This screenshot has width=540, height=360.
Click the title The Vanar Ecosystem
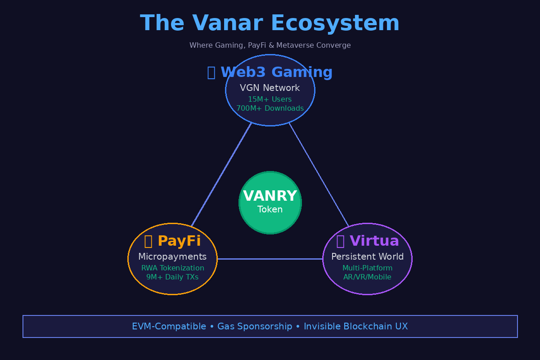tap(270, 23)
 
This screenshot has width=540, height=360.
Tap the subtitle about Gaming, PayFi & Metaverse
tap(270, 45)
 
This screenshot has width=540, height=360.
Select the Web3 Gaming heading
tap(270, 72)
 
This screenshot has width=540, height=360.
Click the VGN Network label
tap(270, 88)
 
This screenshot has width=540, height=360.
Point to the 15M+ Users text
tap(270, 99)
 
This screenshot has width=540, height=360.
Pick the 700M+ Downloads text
tap(270, 108)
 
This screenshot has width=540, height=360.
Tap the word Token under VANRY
tap(270, 210)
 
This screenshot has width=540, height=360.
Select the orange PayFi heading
tap(173, 241)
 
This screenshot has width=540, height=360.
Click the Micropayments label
tap(172, 257)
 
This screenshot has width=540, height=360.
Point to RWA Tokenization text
tap(173, 268)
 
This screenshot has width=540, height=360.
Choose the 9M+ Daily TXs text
tap(172, 277)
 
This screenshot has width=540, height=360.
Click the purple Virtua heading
tap(368, 241)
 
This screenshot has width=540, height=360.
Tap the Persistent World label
tap(368, 257)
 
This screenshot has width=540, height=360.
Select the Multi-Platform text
tap(368, 268)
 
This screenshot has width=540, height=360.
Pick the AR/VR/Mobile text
tap(368, 277)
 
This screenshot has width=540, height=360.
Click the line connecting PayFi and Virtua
tap(270, 259)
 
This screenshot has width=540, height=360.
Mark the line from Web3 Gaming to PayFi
tap(221, 174)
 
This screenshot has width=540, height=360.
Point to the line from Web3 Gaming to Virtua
tap(319, 174)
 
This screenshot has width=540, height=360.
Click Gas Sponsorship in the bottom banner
tap(255, 327)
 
